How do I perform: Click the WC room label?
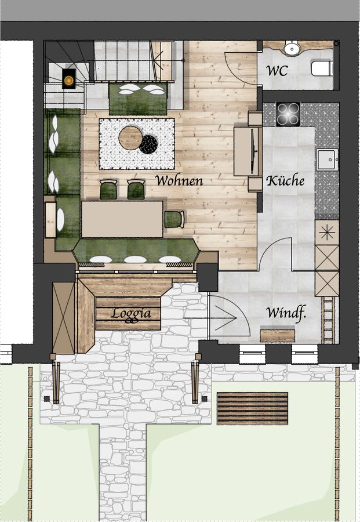(277, 71)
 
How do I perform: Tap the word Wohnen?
(179, 180)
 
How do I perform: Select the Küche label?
(285, 180)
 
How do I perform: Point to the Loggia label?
(131, 313)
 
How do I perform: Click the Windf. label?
(286, 313)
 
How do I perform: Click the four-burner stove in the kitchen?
(288, 114)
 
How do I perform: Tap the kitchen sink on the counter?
(327, 159)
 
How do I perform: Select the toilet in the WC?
(322, 68)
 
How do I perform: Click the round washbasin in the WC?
(292, 48)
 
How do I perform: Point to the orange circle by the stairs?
(69, 80)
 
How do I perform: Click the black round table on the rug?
(148, 144)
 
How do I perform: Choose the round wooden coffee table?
(131, 137)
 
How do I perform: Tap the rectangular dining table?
(122, 219)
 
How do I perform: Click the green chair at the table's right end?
(174, 219)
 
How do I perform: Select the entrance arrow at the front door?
(210, 318)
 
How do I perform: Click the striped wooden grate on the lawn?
(252, 408)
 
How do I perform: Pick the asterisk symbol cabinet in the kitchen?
(327, 233)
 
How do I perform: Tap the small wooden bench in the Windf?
(278, 336)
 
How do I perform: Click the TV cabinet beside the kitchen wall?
(248, 151)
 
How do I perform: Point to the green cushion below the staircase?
(138, 99)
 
